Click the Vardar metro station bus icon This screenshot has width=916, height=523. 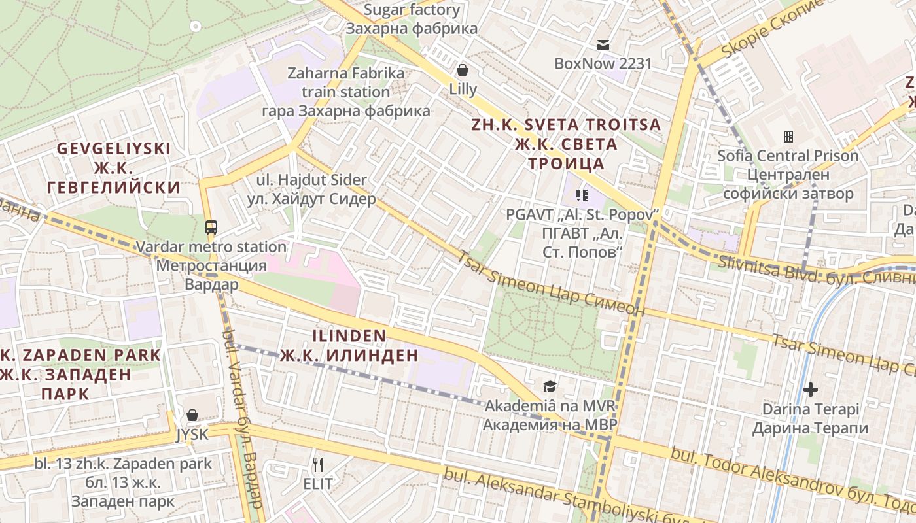click(211, 228)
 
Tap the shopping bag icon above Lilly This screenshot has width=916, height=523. click(463, 69)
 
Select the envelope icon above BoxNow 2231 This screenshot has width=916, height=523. click(603, 45)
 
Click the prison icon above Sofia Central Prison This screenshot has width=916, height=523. click(788, 137)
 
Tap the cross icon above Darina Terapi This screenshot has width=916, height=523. click(810, 390)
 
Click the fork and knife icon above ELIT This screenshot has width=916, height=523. click(318, 465)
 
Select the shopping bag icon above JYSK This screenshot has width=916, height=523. click(192, 415)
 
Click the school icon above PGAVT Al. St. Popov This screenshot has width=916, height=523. click(582, 195)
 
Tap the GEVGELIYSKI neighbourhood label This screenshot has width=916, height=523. click(113, 168)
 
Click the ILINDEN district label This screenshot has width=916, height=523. click(349, 346)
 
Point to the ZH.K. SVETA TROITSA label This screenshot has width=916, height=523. click(567, 144)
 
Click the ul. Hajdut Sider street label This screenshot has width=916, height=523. click(311, 189)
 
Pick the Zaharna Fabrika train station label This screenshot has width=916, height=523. click(346, 92)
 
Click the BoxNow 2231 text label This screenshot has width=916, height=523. click(603, 63)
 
